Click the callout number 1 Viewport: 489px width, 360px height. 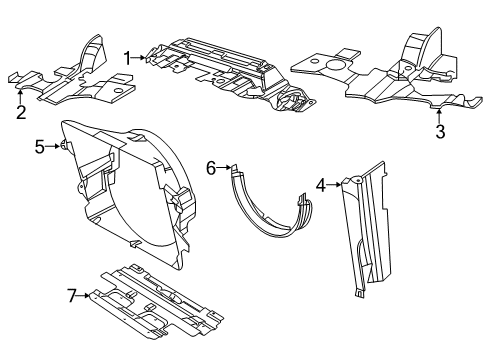pos(128,57)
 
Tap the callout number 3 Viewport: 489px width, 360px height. pos(439,131)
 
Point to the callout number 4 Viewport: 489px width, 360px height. pos(321,184)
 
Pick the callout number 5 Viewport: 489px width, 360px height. pos(40,147)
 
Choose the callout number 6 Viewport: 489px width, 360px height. pos(212,168)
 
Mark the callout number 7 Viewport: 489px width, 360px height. pos(71,295)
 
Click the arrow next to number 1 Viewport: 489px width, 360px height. pos(143,58)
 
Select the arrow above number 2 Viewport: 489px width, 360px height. pos(21,94)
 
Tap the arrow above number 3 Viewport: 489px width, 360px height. pos(439,113)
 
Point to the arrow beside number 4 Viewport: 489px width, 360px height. pos(336,184)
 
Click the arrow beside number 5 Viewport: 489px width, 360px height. pos(56,147)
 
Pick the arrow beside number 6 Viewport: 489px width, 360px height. pos(226,168)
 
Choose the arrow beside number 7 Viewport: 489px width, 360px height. pos(86,295)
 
